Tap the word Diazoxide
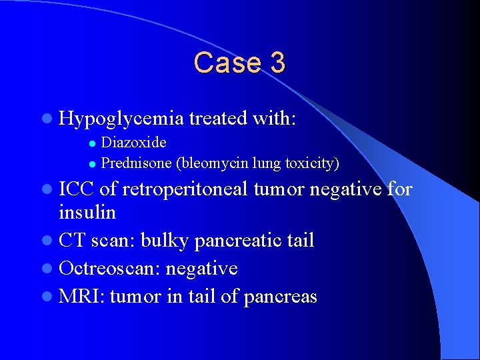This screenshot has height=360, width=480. click(x=133, y=143)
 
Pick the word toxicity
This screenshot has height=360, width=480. click(x=312, y=163)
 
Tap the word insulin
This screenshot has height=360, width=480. click(x=87, y=213)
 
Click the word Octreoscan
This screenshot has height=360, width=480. click(x=109, y=268)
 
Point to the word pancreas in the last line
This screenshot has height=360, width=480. click(x=281, y=296)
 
